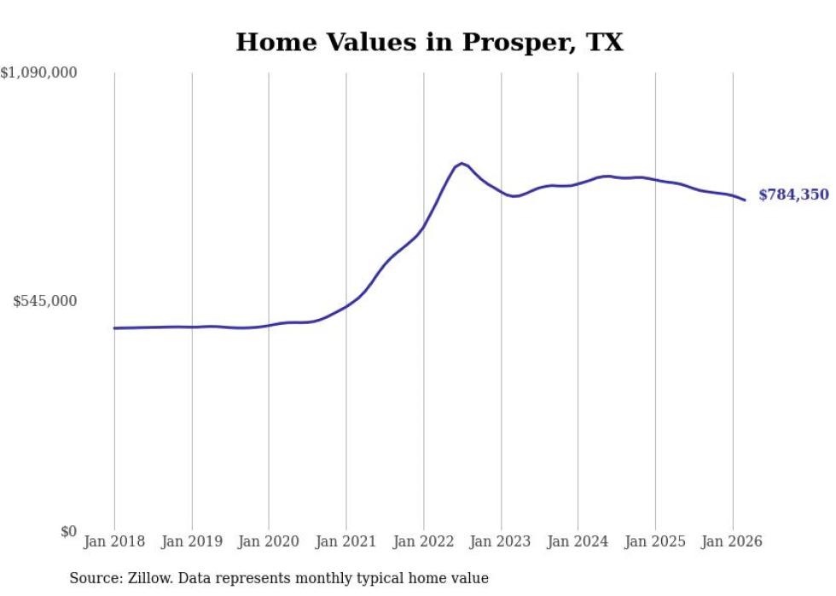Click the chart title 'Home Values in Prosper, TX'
pos(429,42)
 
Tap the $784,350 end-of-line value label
pos(792,195)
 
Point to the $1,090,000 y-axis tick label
pos(38,73)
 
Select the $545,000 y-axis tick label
pos(44,301)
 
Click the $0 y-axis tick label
pos(68,532)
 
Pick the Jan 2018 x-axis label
pos(114,542)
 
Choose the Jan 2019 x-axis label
pos(192,542)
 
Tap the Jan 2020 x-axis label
pos(269,542)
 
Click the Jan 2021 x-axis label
pos(346,542)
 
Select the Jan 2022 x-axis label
pos(424,542)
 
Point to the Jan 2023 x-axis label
pos(501,542)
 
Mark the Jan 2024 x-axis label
pos(578,542)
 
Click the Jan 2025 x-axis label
pos(655,542)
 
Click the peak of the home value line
pos(462,163)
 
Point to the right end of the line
pos(745,200)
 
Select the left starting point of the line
pos(114,328)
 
